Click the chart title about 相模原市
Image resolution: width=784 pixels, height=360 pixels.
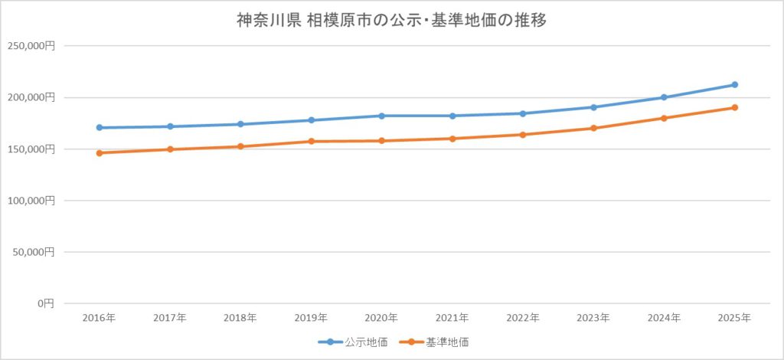point(391,21)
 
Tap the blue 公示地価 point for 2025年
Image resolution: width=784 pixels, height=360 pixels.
point(734,84)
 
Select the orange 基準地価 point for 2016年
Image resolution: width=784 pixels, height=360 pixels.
point(100,153)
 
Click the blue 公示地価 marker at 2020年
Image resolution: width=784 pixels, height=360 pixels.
point(381,116)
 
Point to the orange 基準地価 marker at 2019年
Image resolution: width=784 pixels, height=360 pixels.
point(312,141)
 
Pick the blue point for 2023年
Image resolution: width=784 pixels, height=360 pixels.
point(593,107)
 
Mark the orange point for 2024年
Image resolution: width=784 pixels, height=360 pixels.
point(664,118)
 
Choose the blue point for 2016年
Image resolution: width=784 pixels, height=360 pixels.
point(100,127)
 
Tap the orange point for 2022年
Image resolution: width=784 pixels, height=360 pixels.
point(523,135)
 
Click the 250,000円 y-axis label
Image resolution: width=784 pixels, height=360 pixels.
point(31,46)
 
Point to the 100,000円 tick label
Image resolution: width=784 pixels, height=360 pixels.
point(31,200)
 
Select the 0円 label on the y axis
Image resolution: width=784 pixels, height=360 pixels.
point(44,303)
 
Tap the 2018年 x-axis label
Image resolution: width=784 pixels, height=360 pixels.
point(240,318)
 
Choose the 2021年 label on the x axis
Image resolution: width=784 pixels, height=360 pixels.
point(452,318)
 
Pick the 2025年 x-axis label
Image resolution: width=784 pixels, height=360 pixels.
point(734,318)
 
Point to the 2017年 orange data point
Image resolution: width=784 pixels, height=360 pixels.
point(170,149)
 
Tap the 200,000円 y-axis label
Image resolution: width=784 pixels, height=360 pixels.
point(31,97)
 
